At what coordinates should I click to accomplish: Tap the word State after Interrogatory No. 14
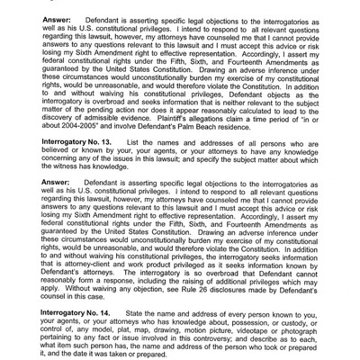click(138, 311)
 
